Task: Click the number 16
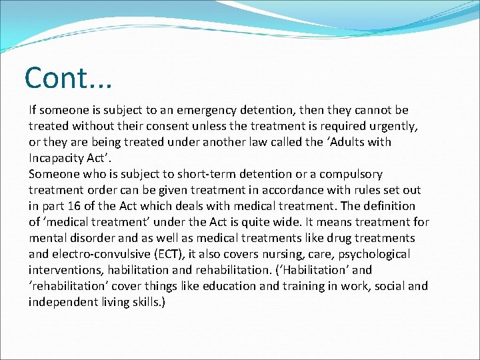76,206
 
